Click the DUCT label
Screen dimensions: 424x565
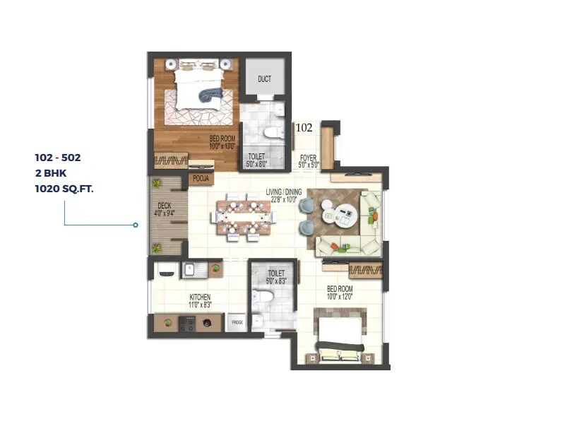pos(264,79)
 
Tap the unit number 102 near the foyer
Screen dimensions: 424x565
pos(304,128)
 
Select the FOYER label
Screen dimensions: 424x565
pos(309,157)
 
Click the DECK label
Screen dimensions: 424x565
pos(164,207)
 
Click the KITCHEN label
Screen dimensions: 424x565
pos(200,297)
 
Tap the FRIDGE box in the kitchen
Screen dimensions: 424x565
pos(237,322)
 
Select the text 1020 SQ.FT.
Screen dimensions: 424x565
pos(64,189)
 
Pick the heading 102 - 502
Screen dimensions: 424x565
pos(58,158)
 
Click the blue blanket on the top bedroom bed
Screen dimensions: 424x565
pos(208,93)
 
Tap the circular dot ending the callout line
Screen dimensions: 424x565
pos(135,225)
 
